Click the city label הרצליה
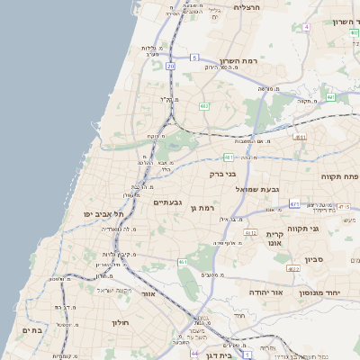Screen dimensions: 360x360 (246, 7)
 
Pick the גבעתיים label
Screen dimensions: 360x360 (168, 202)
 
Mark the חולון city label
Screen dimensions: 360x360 (121, 321)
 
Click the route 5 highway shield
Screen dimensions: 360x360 (193, 58)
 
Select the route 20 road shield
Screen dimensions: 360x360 (170, 66)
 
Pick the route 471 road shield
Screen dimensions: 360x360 (294, 204)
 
